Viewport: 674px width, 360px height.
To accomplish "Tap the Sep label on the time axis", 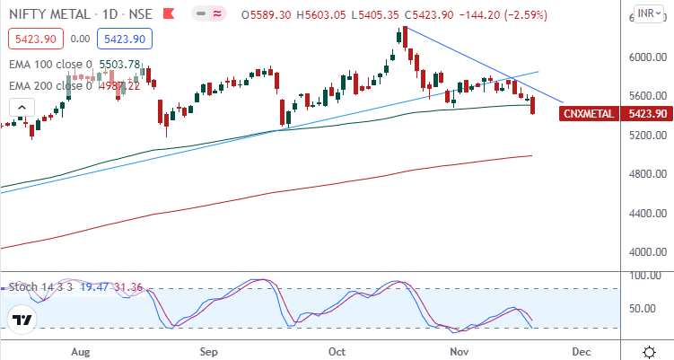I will [x=210, y=351].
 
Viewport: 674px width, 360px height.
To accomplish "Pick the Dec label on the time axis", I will [x=581, y=351].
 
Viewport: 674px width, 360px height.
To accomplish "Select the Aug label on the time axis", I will [x=81, y=351].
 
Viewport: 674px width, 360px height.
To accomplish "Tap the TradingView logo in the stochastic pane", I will [x=22, y=320].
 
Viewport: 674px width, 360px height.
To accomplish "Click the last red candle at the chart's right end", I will [x=533, y=106].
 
